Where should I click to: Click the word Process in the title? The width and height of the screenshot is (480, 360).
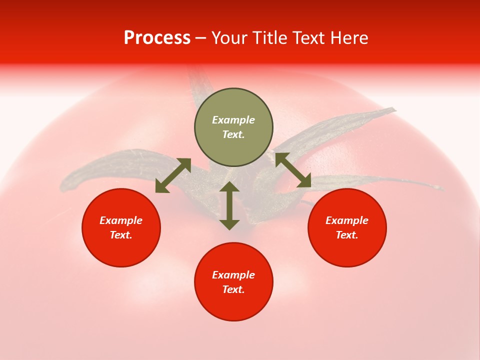point(157,38)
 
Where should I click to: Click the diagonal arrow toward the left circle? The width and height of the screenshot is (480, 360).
point(173,175)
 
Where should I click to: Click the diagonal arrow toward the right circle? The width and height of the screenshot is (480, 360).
point(293,170)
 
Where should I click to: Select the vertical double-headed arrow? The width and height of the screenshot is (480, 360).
point(229,206)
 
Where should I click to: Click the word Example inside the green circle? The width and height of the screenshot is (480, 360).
point(233,120)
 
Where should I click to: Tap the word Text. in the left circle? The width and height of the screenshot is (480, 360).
point(121,235)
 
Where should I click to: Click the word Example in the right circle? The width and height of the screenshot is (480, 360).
point(347,220)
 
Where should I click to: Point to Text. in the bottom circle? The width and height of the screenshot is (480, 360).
point(233,289)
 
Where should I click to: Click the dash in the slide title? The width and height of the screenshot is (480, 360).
point(201,38)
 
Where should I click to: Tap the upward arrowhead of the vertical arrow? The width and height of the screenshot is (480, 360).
point(229,187)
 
